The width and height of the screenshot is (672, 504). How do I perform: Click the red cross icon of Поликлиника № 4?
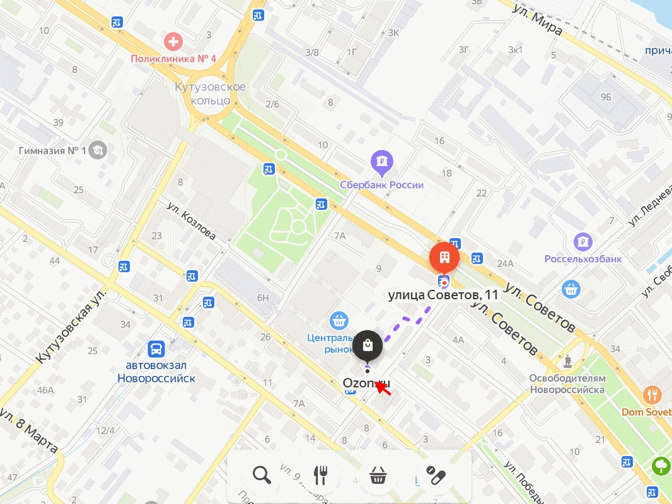171,43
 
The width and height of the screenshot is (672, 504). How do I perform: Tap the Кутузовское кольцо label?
211,93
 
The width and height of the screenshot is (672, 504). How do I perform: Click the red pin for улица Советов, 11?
444,257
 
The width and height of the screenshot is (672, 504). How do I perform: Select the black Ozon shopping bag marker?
368,345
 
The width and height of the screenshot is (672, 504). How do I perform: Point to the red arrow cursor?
382,387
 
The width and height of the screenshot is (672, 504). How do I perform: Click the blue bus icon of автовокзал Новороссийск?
156,349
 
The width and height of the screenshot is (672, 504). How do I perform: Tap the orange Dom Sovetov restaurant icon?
652,395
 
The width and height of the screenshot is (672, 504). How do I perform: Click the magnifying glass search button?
262,475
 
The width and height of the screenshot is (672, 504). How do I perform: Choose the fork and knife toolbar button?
320,475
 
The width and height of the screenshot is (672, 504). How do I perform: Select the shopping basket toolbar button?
378,475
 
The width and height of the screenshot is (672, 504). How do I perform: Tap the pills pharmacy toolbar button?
436,475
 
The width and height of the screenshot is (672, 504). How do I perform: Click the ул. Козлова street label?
191,221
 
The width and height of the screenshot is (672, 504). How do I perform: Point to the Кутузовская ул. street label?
69,330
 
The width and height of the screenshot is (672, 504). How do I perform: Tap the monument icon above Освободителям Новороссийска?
567,361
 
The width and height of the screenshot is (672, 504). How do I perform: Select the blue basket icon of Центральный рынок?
339,319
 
